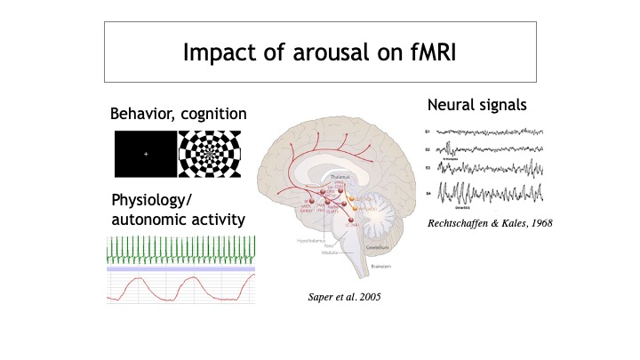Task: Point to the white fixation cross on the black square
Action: tap(146, 155)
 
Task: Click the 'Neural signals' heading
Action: tap(476, 105)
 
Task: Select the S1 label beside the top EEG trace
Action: tap(428, 132)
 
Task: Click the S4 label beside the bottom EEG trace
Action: tap(428, 192)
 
